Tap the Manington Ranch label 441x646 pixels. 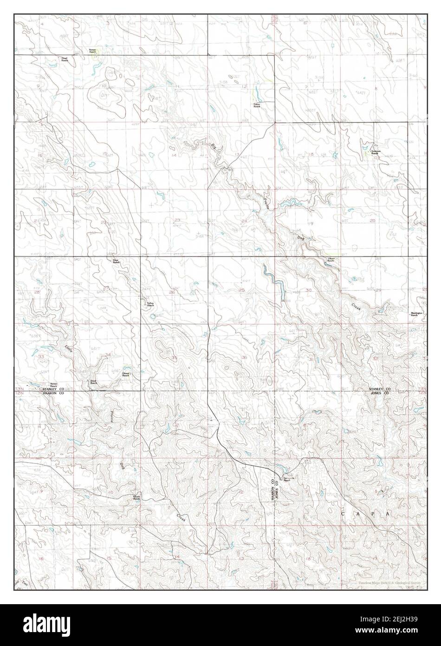tap(416, 314)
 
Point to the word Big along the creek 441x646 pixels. tap(214, 146)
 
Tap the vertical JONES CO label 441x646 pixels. tap(277, 489)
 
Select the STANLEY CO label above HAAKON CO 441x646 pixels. tap(53, 389)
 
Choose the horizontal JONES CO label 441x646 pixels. tap(382, 393)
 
